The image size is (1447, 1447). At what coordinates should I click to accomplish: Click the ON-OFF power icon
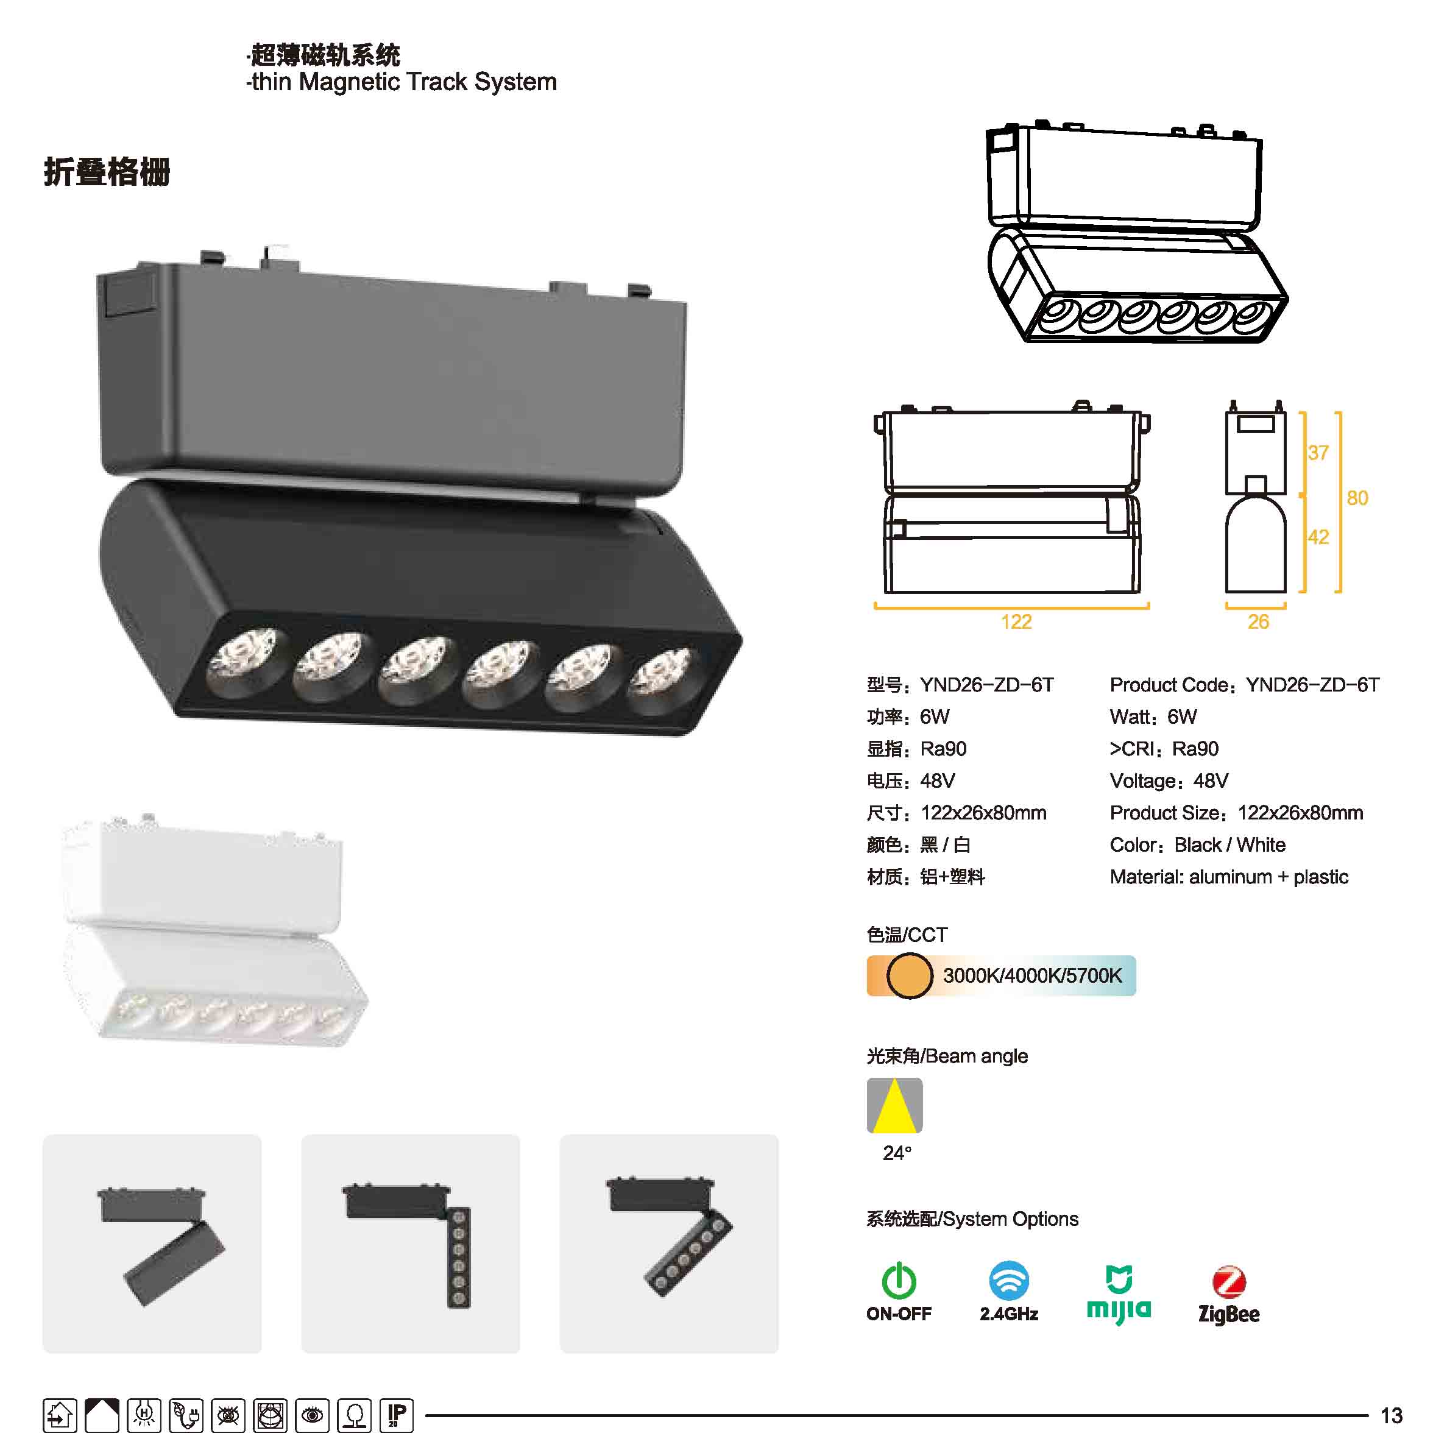tap(899, 1281)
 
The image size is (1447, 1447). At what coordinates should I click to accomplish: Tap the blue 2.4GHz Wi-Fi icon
tap(1009, 1281)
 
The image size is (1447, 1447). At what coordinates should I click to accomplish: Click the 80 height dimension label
tap(1357, 498)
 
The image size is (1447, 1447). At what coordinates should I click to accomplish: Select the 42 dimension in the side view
tap(1318, 537)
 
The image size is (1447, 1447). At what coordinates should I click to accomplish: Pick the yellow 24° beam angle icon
tap(894, 1105)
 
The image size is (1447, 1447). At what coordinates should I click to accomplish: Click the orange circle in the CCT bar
tap(909, 975)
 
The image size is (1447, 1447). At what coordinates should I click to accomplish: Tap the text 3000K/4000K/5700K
tap(1032, 975)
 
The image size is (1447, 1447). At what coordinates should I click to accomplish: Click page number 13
tap(1392, 1415)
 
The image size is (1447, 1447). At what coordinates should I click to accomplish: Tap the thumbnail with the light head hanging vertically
tap(411, 1244)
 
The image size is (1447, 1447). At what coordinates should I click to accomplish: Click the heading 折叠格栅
tap(107, 172)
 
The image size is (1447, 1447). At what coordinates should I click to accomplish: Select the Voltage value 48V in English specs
tap(1211, 781)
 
